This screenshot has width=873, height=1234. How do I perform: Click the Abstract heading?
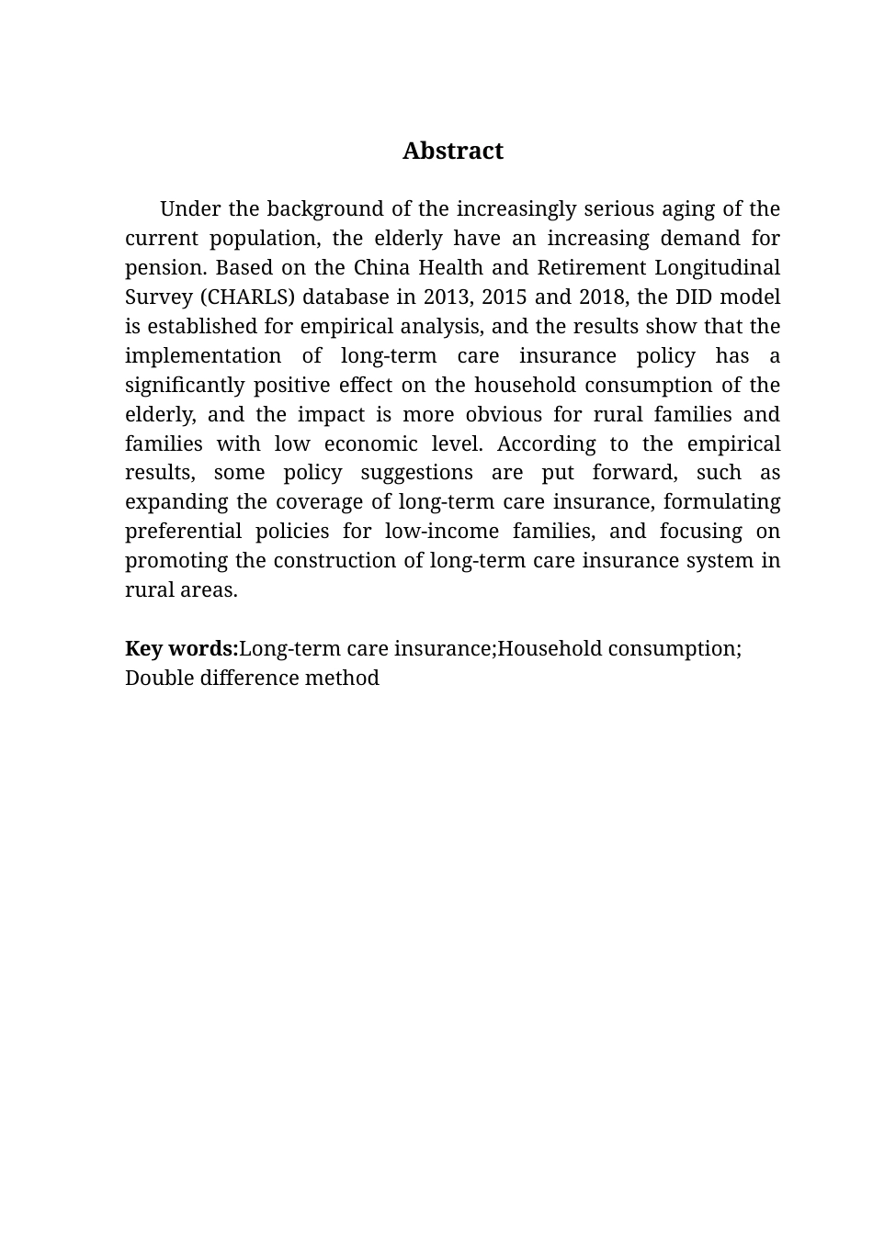[452, 151]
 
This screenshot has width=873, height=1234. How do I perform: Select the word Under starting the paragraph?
[187, 209]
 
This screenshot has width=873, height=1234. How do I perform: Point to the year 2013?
[446, 297]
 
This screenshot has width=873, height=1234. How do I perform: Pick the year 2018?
[602, 297]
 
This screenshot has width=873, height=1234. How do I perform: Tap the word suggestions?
[416, 473]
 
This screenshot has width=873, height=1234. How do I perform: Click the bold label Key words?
[181, 649]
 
